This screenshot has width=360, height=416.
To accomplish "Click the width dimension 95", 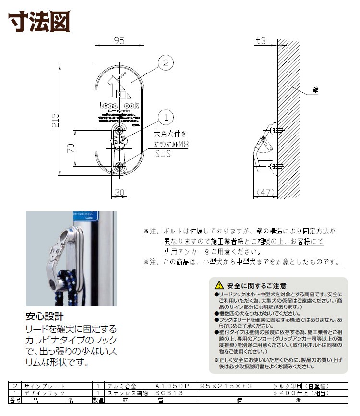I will (119, 41).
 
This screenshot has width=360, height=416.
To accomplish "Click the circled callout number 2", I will (165, 62).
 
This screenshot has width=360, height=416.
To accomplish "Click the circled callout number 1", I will (165, 116).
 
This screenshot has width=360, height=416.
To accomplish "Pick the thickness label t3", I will (261, 41).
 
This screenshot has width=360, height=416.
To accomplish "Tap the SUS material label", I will (162, 154).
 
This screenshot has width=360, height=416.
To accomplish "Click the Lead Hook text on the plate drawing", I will (119, 105).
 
